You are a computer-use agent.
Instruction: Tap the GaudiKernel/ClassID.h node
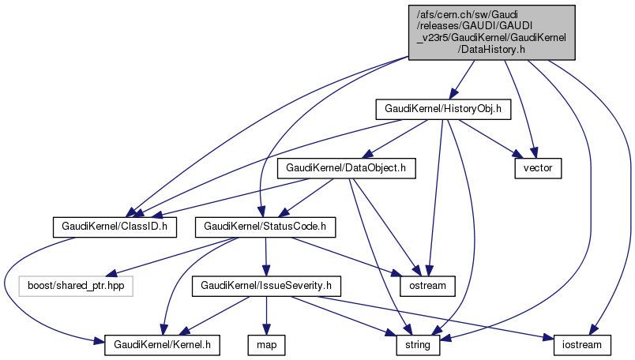pos(114,227)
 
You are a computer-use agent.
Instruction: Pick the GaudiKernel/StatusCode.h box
pos(266,227)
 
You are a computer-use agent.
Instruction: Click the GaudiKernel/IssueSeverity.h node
pos(266,285)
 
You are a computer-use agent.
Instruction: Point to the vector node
pos(538,168)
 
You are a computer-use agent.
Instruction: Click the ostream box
pos(428,285)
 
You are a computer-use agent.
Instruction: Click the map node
pos(266,344)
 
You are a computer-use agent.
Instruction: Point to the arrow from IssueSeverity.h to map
pos(266,316)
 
